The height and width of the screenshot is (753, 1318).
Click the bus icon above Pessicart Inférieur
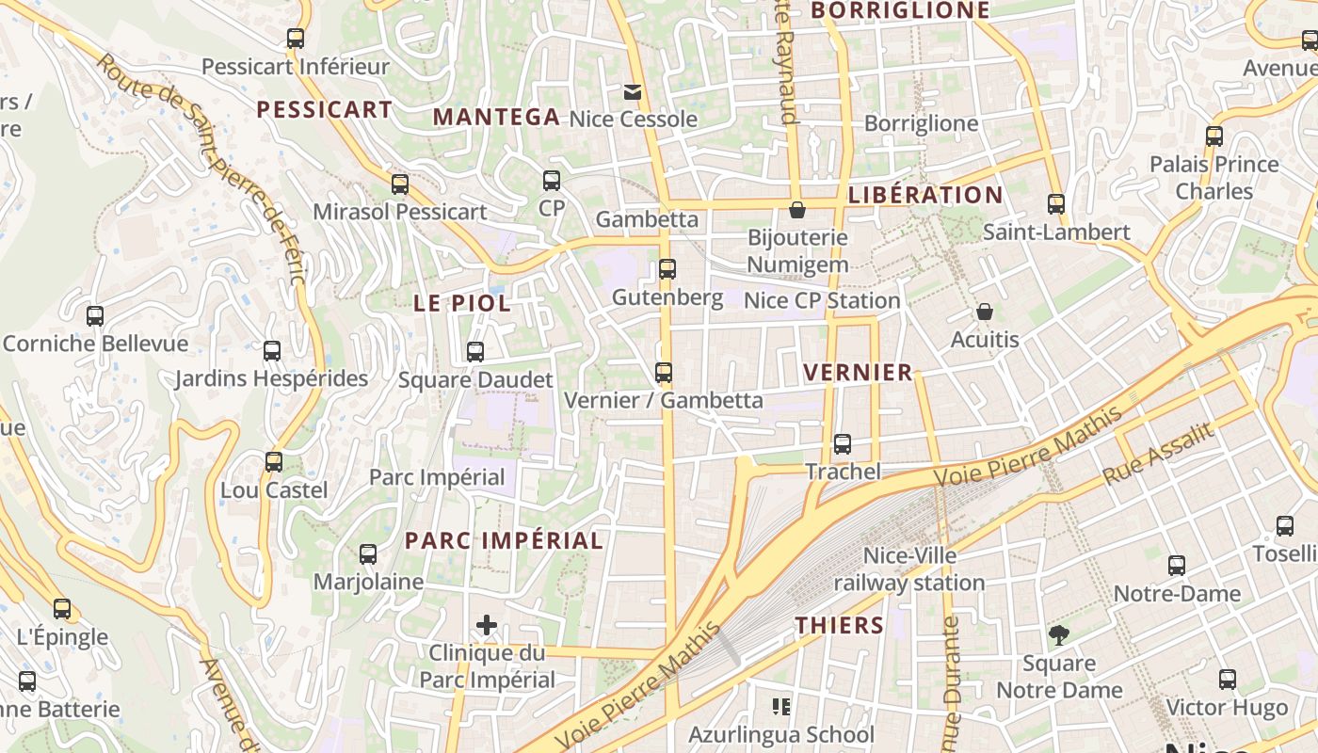point(296,39)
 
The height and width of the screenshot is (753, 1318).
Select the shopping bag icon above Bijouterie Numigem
point(797,210)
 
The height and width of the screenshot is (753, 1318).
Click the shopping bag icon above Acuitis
point(985,312)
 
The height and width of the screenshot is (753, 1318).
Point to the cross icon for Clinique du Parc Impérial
point(487,625)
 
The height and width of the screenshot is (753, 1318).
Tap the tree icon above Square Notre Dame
point(1059,636)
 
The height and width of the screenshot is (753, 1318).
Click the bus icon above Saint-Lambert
point(1056,204)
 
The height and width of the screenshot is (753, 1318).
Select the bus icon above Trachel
point(843,444)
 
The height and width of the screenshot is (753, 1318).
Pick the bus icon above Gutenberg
point(667,270)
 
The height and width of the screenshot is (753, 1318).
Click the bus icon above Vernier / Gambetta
point(664,374)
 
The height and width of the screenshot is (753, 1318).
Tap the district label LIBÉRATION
point(925,196)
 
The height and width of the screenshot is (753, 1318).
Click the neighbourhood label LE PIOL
point(462,303)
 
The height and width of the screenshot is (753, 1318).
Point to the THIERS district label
point(840,626)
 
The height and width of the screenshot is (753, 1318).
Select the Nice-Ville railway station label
point(909,569)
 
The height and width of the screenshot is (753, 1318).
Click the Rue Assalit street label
point(1157,454)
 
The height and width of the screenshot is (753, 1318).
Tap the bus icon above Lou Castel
point(274,463)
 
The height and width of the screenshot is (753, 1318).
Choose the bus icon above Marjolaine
point(368,554)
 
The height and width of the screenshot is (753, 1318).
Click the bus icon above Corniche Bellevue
point(95,316)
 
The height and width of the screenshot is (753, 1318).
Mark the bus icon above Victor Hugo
point(1228,680)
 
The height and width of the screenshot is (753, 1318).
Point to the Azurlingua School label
point(781,734)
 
